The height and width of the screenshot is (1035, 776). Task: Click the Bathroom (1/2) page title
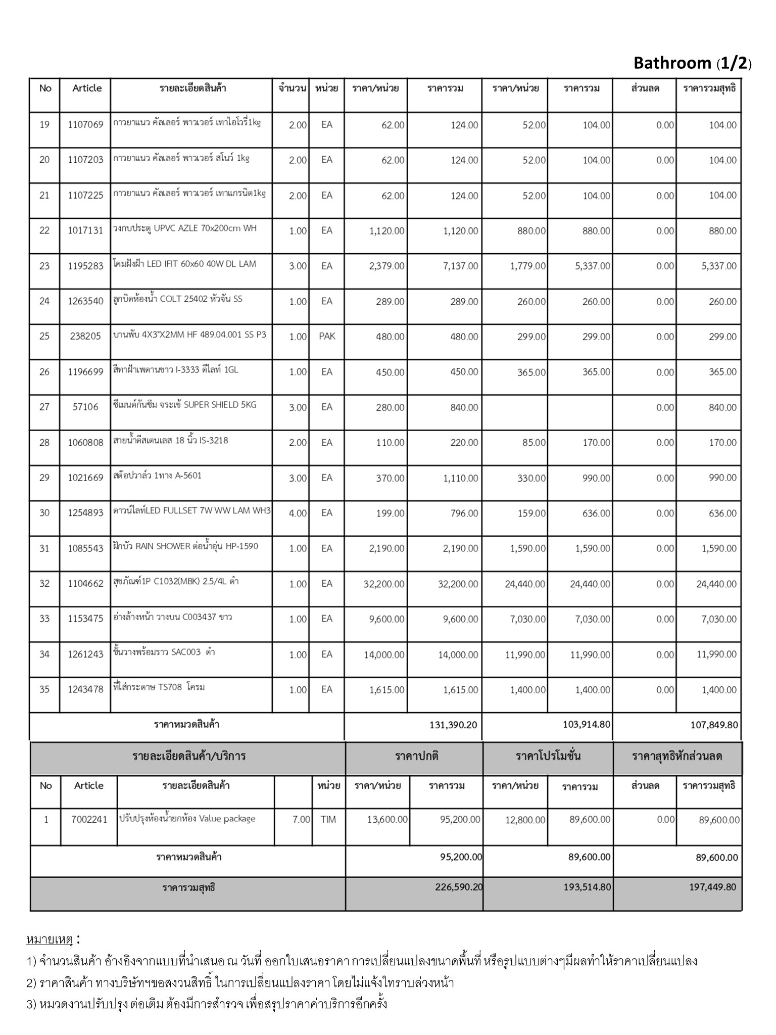pyautogui.click(x=692, y=63)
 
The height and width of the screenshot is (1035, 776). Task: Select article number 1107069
pyautogui.click(x=85, y=124)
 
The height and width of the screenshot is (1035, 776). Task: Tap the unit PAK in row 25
pyautogui.click(x=327, y=336)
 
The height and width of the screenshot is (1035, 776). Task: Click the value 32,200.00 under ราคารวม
pyautogui.click(x=458, y=584)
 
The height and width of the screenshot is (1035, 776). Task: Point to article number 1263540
pyautogui.click(x=85, y=301)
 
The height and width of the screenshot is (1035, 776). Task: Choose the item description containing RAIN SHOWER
pyautogui.click(x=185, y=546)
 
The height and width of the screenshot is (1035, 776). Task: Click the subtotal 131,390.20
pyautogui.click(x=453, y=725)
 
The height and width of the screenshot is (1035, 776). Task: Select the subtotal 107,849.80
pyautogui.click(x=714, y=725)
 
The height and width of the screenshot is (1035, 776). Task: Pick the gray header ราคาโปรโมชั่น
pyautogui.click(x=548, y=757)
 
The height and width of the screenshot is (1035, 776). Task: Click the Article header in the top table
pyautogui.click(x=87, y=88)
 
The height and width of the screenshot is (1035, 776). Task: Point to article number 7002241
pyautogui.click(x=89, y=819)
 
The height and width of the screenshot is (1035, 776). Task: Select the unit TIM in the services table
pyautogui.click(x=328, y=819)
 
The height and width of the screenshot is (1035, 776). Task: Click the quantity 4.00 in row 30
pyautogui.click(x=298, y=513)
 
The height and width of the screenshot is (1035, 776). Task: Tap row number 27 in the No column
pyautogui.click(x=44, y=407)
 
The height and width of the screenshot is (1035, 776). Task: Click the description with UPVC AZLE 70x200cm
pyautogui.click(x=185, y=228)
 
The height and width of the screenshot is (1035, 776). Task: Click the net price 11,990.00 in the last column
pyautogui.click(x=716, y=654)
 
